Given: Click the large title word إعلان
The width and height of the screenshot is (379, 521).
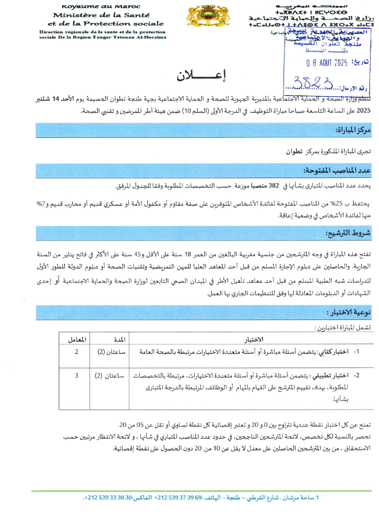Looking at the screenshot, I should [201, 75].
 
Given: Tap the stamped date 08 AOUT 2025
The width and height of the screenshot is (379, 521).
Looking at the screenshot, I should [327, 63].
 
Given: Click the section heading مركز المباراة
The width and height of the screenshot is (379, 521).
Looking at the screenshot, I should [353, 130].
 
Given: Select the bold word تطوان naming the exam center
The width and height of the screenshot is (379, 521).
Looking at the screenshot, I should [294, 151].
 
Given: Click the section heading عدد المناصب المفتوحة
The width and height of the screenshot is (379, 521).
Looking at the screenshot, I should [337, 170].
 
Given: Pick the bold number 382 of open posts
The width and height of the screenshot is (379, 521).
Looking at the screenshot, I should [274, 186].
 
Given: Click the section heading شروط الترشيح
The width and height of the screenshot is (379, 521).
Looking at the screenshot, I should [348, 233].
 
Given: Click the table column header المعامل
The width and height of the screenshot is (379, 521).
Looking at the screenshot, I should [77, 340].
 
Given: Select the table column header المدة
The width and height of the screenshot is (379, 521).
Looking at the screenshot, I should [119, 340].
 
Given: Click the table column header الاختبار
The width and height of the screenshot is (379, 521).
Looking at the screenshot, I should [254, 340].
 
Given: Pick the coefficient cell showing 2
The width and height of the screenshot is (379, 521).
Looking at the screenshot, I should [77, 352].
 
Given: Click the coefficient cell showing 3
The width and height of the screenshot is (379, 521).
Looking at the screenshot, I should [77, 376].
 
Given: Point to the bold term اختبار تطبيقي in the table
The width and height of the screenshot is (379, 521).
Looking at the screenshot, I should [330, 376].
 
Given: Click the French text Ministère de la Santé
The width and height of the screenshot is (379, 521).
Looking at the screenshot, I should [101, 15].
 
